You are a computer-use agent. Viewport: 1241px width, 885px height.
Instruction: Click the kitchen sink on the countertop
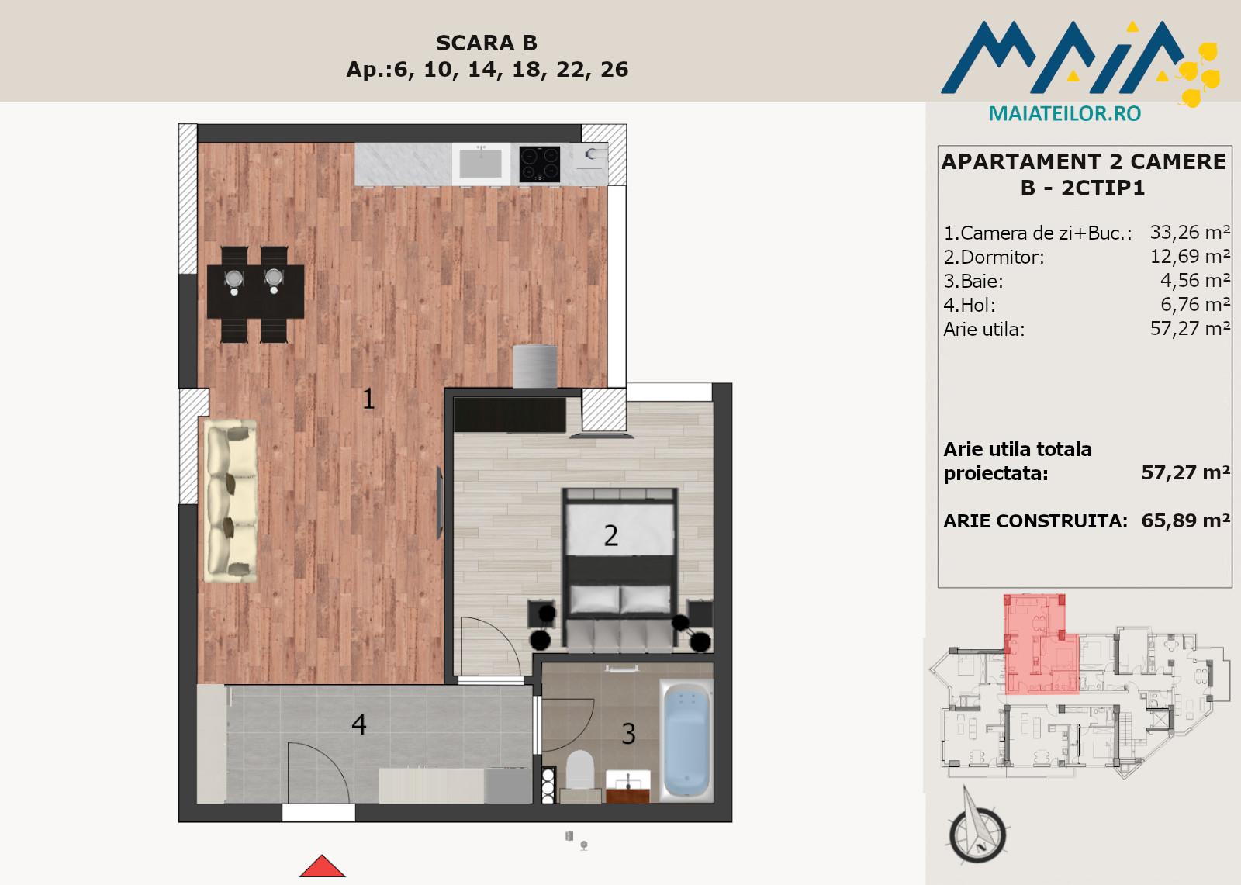point(481,164)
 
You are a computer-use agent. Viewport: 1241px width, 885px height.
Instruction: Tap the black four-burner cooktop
point(539,164)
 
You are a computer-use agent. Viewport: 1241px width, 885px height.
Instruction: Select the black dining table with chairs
point(255,294)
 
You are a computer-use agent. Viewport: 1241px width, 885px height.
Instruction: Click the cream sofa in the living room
point(230,500)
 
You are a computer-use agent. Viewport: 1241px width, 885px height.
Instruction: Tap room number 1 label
point(368,399)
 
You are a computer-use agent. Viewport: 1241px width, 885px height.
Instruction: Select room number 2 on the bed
point(610,535)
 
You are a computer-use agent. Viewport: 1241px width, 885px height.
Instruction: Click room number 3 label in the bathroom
point(628,734)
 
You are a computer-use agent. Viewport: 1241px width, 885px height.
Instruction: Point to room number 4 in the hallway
point(359,724)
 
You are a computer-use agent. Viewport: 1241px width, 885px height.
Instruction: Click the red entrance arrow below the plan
point(322,866)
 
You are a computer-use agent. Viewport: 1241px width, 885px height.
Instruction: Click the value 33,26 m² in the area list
point(1190,232)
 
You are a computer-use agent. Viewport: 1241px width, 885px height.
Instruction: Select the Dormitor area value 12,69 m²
point(1190,256)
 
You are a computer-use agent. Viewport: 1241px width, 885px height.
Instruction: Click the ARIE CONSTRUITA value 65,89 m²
point(1186,520)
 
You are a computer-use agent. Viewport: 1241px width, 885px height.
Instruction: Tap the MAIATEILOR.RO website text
point(1065,113)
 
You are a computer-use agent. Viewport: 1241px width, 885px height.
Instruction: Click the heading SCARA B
point(486,43)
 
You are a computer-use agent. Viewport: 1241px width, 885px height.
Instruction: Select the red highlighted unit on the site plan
point(1041,644)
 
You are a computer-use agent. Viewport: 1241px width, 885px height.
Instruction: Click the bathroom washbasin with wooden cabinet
point(627,786)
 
